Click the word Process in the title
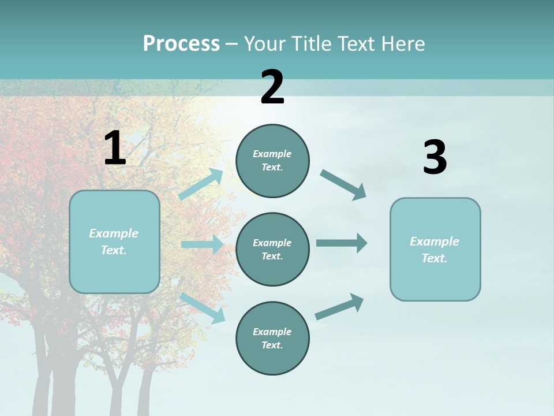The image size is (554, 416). (x=181, y=44)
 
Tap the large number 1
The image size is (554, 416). (x=115, y=148)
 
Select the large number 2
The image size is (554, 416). (x=272, y=87)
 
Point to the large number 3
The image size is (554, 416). (x=435, y=157)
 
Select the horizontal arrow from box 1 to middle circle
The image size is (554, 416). (x=202, y=244)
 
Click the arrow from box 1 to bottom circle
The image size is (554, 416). (x=203, y=307)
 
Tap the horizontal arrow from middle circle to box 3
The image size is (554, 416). (x=342, y=243)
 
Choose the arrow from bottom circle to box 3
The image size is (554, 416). (x=339, y=306)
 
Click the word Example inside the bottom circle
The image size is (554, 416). (x=272, y=332)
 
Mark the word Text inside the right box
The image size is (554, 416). (x=433, y=258)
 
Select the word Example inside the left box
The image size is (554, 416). (x=114, y=233)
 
